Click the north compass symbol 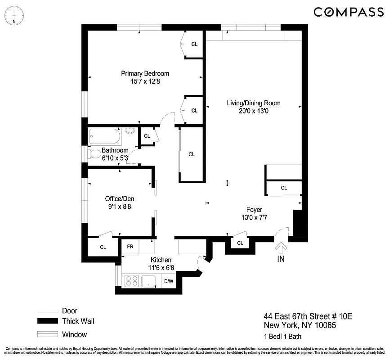point(14,18)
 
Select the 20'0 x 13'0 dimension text point(254,111)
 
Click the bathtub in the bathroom point(105,135)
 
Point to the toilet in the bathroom point(95,154)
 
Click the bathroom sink point(130,131)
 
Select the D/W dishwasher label point(169,282)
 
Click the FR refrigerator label point(130,247)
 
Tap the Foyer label point(254,209)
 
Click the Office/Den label point(120,198)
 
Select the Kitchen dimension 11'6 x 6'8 point(161,268)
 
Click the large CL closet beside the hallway point(192,154)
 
